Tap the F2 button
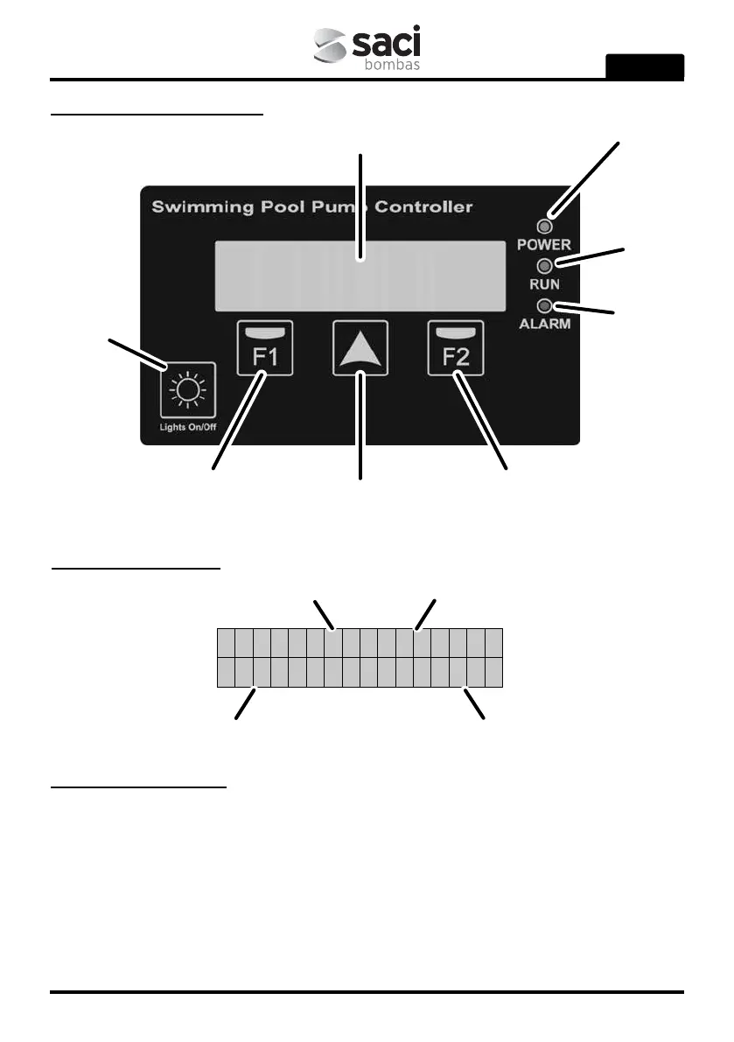pos(457,348)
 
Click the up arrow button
pos(360,348)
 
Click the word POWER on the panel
pos(543,244)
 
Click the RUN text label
pos(544,284)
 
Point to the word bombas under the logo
pos(392,65)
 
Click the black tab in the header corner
pos(645,66)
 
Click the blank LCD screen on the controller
pos(360,275)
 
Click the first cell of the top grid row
pos(226,642)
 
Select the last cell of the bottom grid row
pos(494,672)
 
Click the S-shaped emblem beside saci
pos(332,48)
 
